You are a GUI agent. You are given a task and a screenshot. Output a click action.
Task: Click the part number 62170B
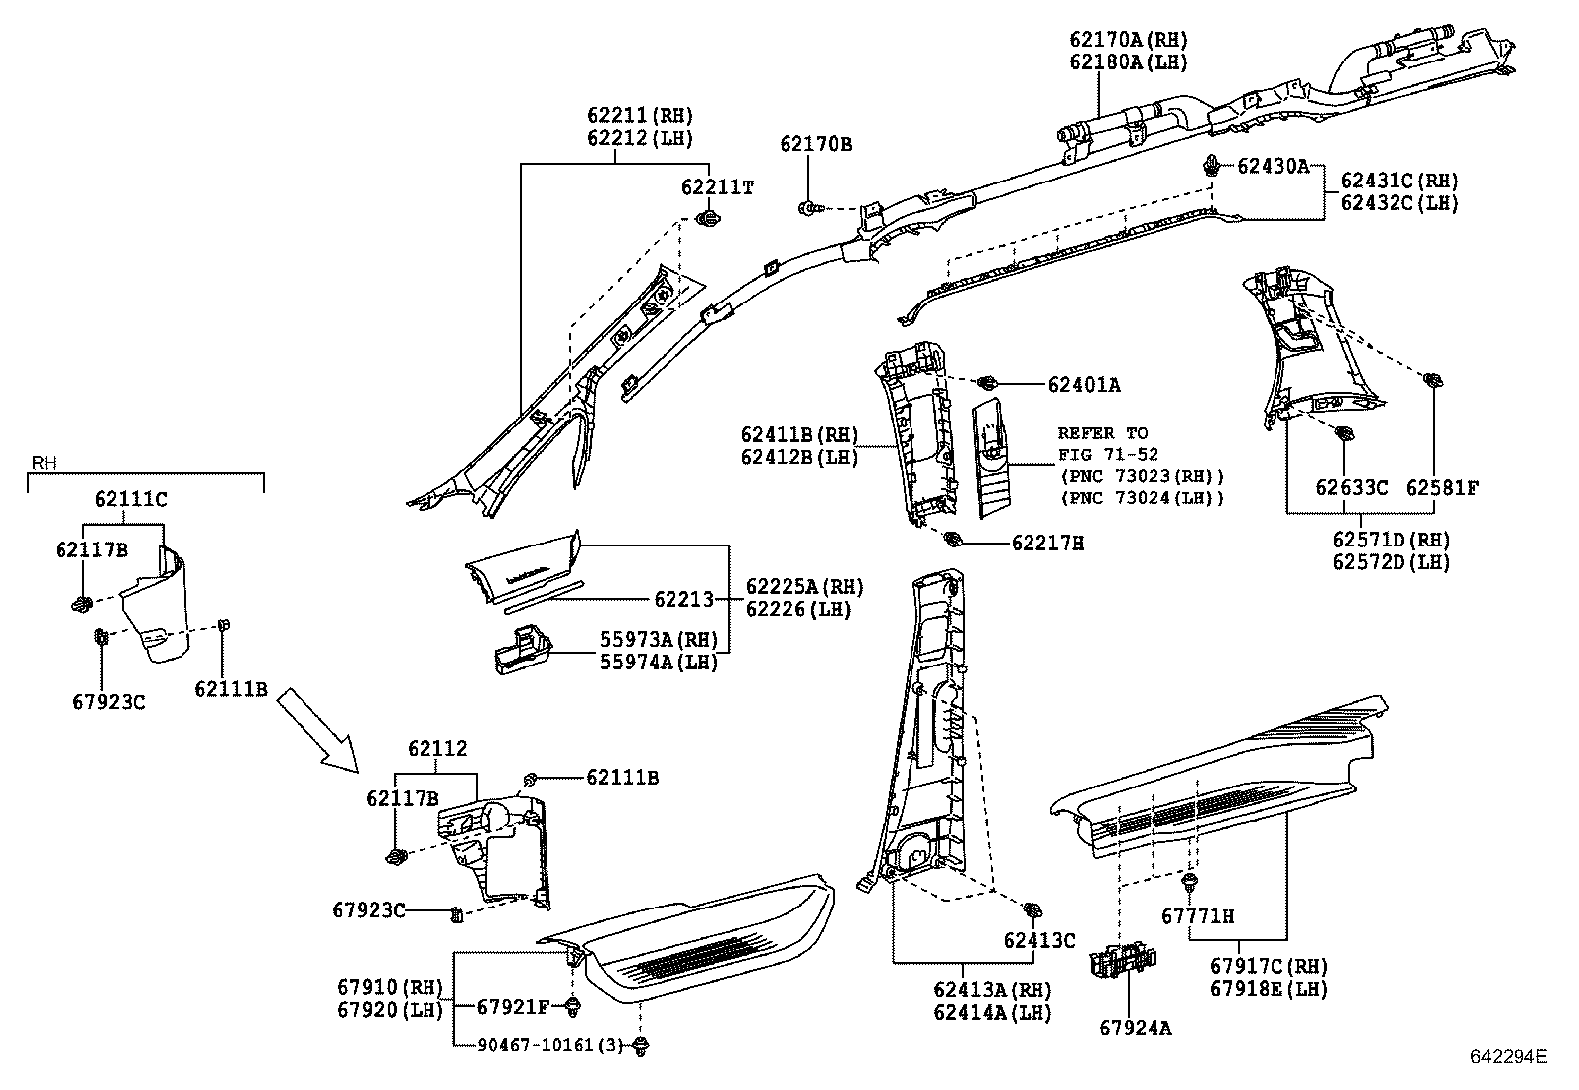[x=815, y=144]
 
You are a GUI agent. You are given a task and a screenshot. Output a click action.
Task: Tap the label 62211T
[x=717, y=187]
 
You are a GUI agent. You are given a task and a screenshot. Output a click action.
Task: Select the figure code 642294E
[x=1508, y=1057]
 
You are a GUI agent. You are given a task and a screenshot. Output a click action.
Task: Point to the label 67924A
[x=1135, y=1029]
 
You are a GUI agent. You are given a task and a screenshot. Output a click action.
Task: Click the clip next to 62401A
[x=986, y=383]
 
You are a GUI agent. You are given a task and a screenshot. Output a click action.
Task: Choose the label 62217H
[x=1047, y=544]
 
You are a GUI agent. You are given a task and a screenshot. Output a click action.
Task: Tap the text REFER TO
[x=1102, y=433]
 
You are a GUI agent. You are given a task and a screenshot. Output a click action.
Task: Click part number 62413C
[x=1038, y=940]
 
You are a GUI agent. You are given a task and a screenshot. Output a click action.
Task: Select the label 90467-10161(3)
[x=550, y=1045]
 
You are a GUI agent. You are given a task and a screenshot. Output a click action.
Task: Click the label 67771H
[x=1197, y=916]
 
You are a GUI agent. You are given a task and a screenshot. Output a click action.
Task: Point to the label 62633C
[x=1351, y=488]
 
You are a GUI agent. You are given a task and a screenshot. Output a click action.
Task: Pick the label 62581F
[x=1442, y=488]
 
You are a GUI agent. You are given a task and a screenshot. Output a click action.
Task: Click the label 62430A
[x=1273, y=166]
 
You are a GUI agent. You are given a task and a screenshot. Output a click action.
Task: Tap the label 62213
[x=683, y=599]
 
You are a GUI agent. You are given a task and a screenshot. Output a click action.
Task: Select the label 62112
[x=437, y=749]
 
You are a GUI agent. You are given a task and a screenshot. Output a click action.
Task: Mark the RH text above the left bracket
[x=43, y=463]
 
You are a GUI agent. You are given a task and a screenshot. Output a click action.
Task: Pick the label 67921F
[x=513, y=1007]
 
